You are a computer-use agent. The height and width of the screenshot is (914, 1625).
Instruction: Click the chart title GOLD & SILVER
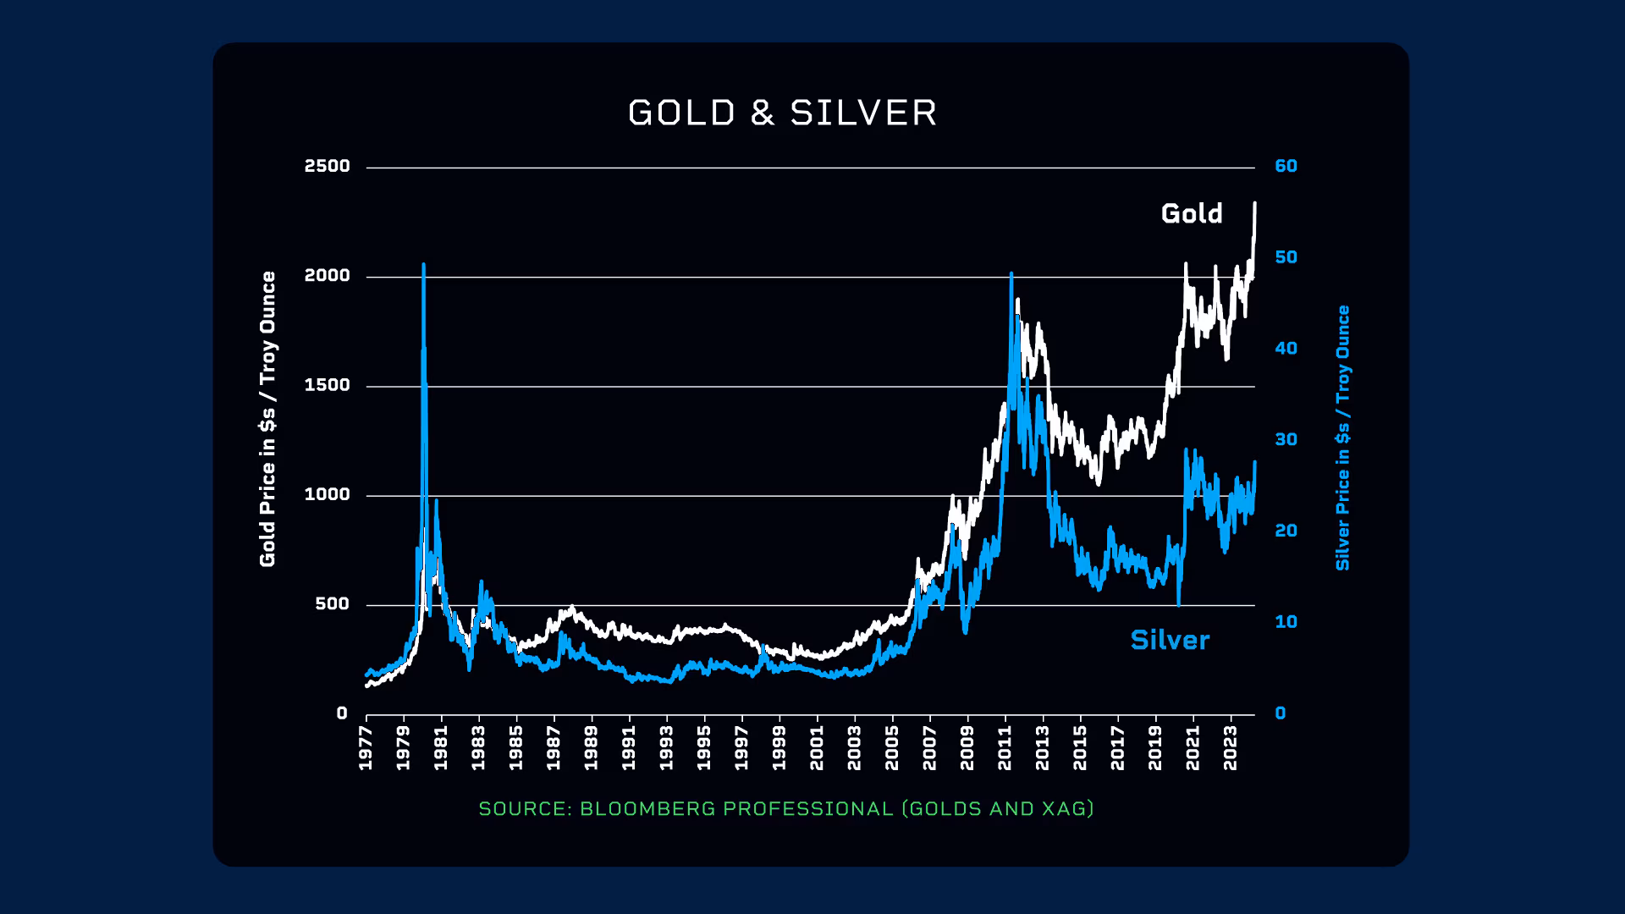(783, 113)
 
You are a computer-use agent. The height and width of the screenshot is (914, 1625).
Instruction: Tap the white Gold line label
(1192, 213)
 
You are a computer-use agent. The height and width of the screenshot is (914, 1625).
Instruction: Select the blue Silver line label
(1170, 640)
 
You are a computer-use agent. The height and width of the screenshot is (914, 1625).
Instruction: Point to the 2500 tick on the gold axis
(327, 166)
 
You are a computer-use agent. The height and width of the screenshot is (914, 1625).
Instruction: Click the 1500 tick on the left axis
(327, 385)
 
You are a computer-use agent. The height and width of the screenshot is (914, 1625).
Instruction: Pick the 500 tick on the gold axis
(332, 604)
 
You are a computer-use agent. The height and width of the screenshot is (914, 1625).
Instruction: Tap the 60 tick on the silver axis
(1286, 166)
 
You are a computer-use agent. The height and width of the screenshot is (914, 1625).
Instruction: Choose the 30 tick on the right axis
(1286, 439)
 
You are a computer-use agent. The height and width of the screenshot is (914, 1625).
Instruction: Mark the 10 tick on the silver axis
(1286, 622)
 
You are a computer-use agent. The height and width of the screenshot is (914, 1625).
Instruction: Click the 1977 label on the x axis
(366, 748)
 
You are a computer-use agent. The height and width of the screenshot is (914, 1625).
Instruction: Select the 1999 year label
(779, 748)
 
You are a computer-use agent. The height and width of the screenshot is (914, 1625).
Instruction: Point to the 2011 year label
(1005, 748)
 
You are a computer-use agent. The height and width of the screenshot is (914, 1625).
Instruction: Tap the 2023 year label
(1231, 748)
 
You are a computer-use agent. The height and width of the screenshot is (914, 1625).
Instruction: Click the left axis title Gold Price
(267, 419)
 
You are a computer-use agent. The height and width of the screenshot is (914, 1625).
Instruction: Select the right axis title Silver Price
(1342, 438)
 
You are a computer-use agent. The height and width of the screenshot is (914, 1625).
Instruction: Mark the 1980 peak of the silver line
(423, 265)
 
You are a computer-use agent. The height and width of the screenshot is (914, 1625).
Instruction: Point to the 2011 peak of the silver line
(1011, 273)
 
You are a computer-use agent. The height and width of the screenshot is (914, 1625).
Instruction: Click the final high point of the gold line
(1254, 203)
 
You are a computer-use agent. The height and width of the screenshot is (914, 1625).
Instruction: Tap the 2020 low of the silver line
(1179, 604)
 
